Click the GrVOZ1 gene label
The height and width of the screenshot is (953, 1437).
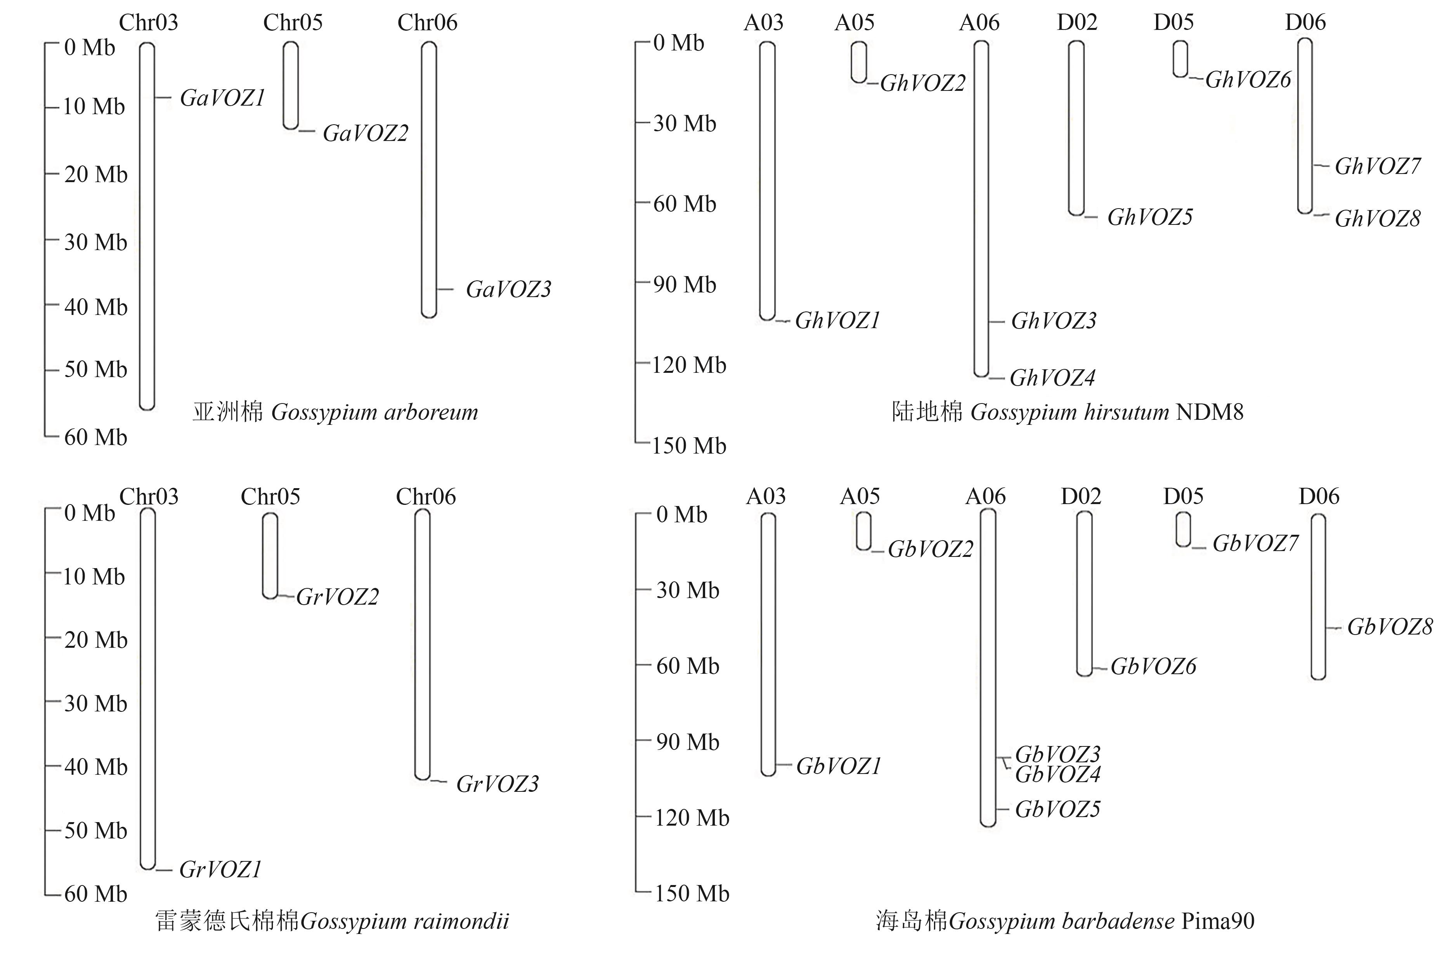(x=220, y=870)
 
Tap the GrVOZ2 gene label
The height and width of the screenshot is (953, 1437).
(x=337, y=597)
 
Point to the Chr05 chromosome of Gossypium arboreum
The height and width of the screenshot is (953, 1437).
(x=291, y=85)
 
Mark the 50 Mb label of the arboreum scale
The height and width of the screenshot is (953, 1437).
(x=95, y=370)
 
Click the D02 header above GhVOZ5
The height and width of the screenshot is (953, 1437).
(x=1077, y=23)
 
